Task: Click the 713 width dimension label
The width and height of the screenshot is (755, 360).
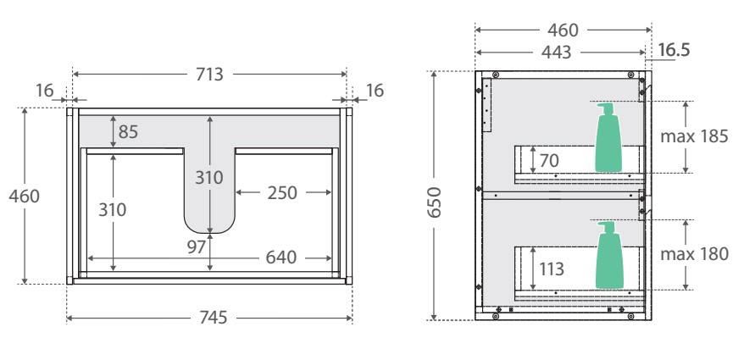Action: coord(209,75)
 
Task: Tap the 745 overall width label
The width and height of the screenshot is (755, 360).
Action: coord(213,318)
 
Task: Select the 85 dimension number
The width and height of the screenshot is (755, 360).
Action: coord(128,132)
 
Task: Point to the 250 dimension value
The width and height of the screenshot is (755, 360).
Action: coord(282,193)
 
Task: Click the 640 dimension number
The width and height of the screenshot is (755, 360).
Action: coord(281,258)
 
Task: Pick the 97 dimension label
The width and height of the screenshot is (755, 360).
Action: coord(197,247)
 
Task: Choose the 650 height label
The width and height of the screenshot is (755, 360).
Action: coord(435,202)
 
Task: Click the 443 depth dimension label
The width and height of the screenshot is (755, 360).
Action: coord(556,52)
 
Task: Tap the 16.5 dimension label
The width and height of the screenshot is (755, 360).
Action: coord(674,50)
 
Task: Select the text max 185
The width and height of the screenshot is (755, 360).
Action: coord(694,136)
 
